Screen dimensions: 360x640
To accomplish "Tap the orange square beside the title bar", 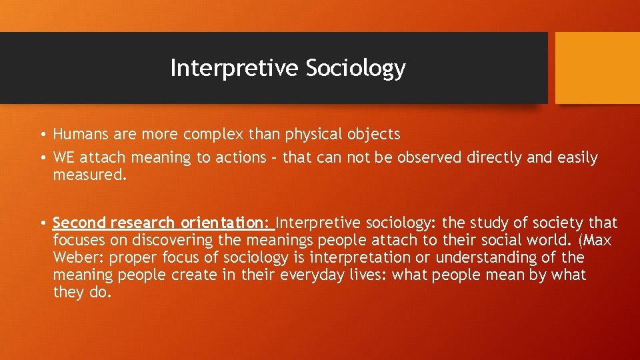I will [597, 68].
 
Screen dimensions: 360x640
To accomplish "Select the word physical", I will [313, 134].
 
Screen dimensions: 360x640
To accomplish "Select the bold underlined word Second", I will [80, 223].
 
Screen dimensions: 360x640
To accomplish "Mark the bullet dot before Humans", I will [42, 135].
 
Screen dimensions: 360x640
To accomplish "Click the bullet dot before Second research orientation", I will [42, 223].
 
